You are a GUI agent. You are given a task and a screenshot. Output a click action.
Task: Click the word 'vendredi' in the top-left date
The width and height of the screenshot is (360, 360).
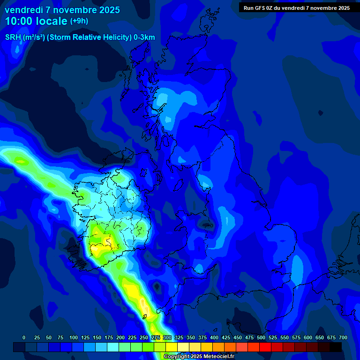click(24, 10)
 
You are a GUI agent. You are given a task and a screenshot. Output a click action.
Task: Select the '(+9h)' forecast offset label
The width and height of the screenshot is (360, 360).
click(79, 21)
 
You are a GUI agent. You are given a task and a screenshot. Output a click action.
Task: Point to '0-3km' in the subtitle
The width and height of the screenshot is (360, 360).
click(144, 37)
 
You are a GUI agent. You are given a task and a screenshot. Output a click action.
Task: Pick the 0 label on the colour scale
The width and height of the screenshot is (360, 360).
click(24, 337)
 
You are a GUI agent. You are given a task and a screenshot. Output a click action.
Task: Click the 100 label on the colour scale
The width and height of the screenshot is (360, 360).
click(74, 337)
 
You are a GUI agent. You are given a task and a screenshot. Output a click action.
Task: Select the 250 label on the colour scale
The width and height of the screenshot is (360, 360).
click(144, 337)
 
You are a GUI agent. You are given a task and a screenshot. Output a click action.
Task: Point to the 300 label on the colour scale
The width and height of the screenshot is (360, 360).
click(167, 337)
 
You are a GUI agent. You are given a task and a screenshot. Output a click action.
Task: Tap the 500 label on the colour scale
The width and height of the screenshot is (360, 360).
click(261, 337)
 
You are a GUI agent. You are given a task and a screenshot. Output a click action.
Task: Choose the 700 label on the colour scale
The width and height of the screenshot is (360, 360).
click(343, 337)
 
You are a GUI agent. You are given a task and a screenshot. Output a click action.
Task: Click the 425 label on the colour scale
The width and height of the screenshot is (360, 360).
click(226, 337)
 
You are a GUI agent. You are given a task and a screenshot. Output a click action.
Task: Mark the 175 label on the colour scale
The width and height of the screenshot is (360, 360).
click(109, 337)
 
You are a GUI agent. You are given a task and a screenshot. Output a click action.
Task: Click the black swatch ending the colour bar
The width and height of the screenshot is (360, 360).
click(336, 347)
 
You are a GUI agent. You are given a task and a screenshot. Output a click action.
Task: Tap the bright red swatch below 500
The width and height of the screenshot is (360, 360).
click(265, 347)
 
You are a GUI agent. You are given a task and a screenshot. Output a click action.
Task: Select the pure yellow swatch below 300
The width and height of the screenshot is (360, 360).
click(172, 347)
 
